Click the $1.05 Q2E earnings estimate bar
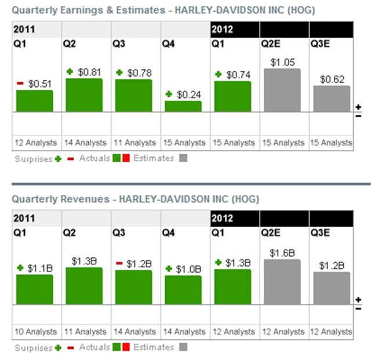click(x=282, y=90)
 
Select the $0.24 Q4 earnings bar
click(x=183, y=106)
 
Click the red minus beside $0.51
click(x=20, y=84)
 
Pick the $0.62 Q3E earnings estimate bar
click(x=332, y=99)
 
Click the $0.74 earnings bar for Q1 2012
click(x=232, y=96)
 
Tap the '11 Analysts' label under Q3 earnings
click(x=133, y=143)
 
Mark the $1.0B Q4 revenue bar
click(x=183, y=289)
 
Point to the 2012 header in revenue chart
click(x=223, y=219)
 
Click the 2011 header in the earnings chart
click(x=24, y=29)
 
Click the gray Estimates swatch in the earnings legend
click(x=183, y=158)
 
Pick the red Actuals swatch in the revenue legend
click(x=126, y=347)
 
